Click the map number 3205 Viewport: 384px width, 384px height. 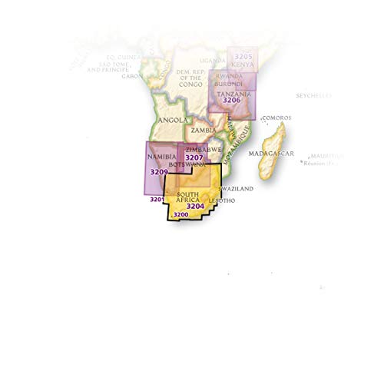point(243,56)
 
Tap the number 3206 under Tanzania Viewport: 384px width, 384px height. point(231,100)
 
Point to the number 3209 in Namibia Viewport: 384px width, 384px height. point(159,172)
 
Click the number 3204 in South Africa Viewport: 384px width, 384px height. point(195,205)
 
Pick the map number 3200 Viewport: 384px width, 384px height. point(181,214)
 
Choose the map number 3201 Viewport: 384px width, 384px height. point(158,200)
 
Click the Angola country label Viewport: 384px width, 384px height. point(170,121)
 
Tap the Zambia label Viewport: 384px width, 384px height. point(203,131)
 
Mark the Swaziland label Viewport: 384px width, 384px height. point(236,188)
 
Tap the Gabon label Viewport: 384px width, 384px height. point(132,76)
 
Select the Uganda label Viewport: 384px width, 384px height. point(212,60)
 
